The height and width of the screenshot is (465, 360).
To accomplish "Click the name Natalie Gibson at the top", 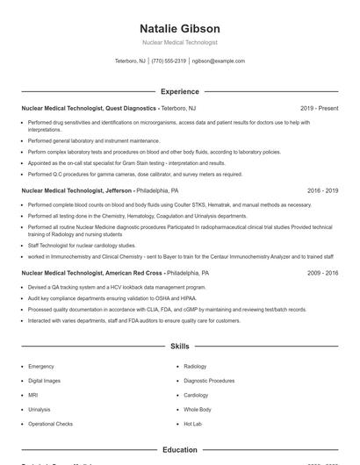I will point(179,28).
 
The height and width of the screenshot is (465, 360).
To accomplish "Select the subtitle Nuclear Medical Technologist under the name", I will point(179,42).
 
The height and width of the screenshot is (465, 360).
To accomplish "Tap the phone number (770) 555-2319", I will point(169,61).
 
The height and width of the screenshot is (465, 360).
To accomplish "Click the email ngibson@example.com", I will point(218,61).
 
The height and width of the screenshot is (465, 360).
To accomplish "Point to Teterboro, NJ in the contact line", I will point(131,61).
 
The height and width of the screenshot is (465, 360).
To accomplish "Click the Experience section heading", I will point(179,91).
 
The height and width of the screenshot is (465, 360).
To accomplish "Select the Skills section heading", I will point(179,347).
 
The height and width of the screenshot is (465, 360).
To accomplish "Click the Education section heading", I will point(179,450).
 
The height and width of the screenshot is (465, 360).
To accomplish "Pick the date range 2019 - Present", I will point(319,108).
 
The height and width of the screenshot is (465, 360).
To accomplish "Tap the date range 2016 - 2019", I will point(322,190).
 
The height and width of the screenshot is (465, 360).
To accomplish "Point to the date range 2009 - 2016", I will point(322,273).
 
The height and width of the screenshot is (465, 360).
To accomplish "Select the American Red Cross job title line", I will point(114,273).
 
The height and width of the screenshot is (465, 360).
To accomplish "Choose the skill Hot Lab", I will point(193,424).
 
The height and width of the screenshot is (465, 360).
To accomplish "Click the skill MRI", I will point(33,395).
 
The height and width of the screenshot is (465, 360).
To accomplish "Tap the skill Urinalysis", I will point(40,410).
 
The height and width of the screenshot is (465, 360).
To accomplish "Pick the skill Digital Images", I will point(45,381).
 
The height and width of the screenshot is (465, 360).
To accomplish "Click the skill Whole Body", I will point(198,410).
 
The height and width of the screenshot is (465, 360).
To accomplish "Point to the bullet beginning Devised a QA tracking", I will point(118,288).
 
